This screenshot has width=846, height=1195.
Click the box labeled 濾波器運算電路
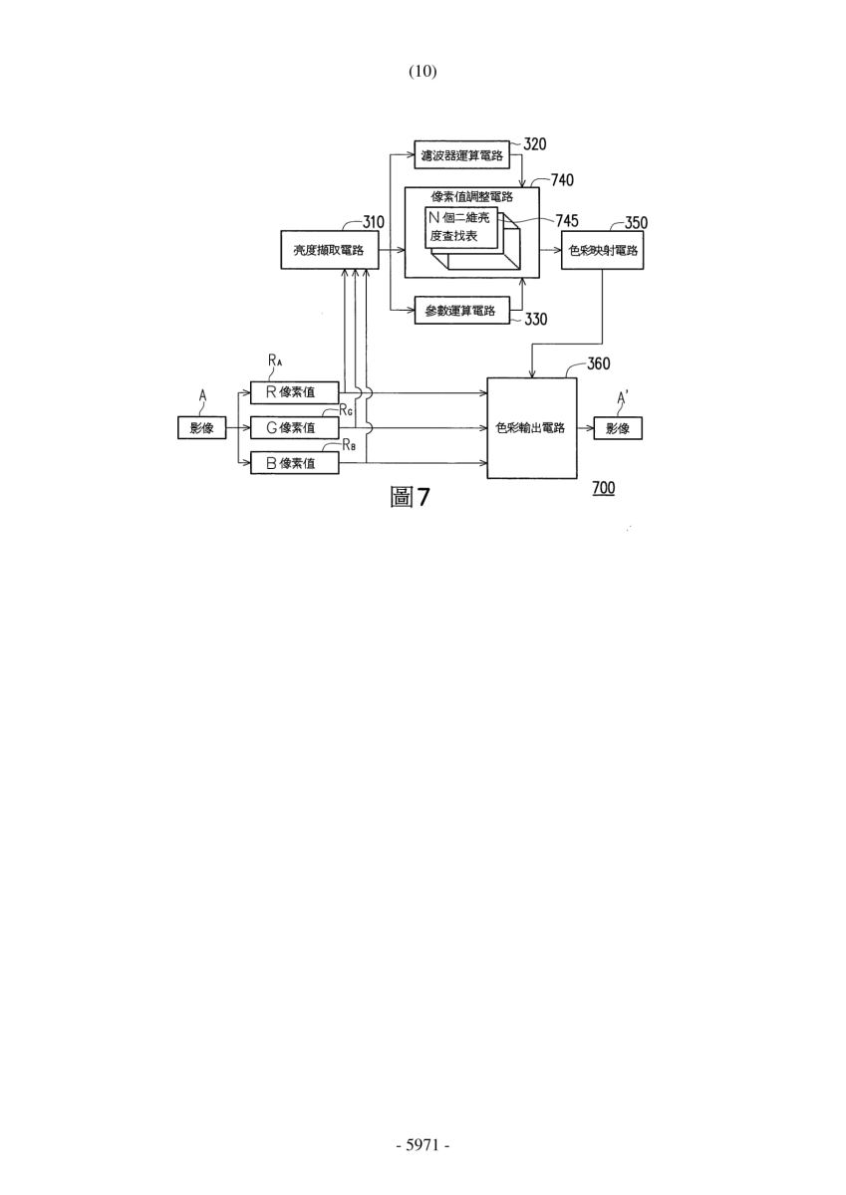(x=461, y=154)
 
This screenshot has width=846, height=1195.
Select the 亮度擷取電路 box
(x=329, y=250)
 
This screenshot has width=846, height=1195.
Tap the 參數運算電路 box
(x=461, y=311)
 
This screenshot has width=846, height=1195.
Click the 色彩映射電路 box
(x=602, y=250)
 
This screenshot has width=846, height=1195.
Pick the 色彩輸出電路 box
(x=532, y=428)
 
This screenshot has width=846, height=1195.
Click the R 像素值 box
(x=295, y=392)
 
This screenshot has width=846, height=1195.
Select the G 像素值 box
(x=295, y=428)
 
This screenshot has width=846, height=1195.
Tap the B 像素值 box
(x=295, y=463)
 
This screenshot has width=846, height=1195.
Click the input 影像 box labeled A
(x=201, y=428)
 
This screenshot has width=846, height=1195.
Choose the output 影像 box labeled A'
(x=618, y=428)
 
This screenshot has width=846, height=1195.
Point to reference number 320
(x=535, y=144)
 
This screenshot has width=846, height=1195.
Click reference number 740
(x=563, y=180)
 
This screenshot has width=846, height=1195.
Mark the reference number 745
(x=567, y=221)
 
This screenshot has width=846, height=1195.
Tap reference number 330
(x=536, y=319)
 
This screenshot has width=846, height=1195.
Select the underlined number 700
(x=603, y=488)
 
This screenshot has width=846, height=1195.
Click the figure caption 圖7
(x=410, y=497)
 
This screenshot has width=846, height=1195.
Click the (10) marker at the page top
(x=423, y=71)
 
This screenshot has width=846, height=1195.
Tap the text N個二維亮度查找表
(x=459, y=227)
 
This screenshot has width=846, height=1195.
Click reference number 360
(x=598, y=363)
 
